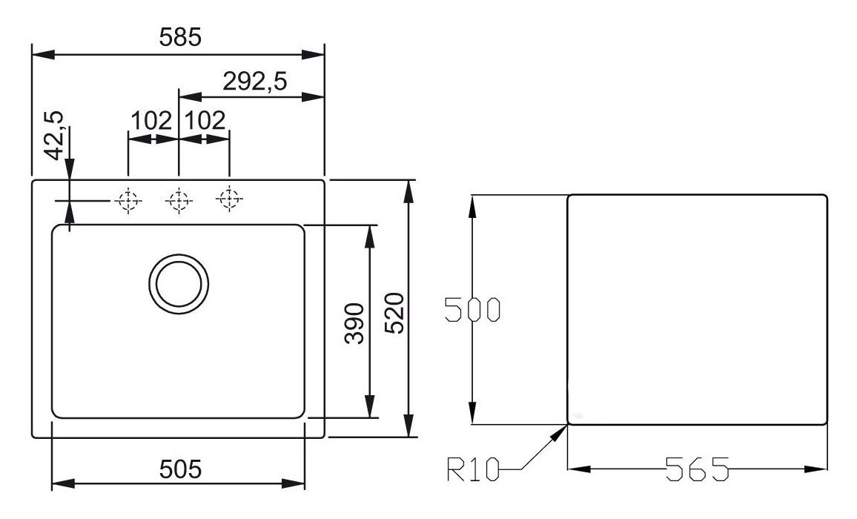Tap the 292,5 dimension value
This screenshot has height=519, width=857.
click(254, 80)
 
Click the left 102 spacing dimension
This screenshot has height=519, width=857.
click(151, 120)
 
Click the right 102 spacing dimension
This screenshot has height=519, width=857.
click(204, 120)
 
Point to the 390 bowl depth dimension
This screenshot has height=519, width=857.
click(356, 323)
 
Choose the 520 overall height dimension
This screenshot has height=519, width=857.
click(394, 311)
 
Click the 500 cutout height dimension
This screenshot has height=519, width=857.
click(471, 310)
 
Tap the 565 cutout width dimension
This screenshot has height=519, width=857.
click(696, 469)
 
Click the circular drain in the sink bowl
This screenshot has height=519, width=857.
click(178, 283)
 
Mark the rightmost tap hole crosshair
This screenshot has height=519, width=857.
click(228, 199)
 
